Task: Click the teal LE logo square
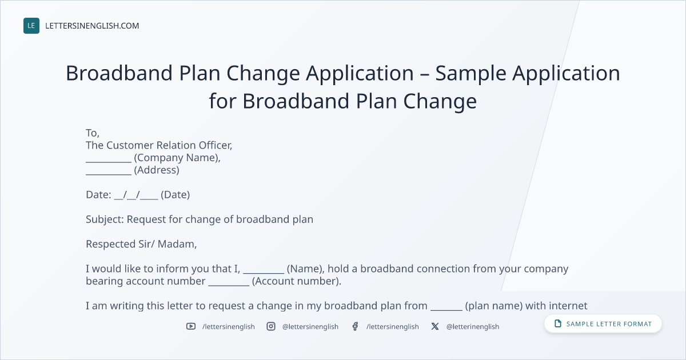(31, 26)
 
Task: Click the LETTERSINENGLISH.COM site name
(92, 26)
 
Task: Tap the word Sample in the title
(470, 74)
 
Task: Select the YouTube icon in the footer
(191, 326)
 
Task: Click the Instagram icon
(271, 326)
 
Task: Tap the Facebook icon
(355, 326)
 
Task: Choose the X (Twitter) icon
(435, 326)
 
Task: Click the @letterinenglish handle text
(473, 327)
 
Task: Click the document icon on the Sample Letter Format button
(558, 323)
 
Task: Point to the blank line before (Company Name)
(109, 162)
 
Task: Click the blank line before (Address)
(109, 174)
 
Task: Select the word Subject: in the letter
(105, 219)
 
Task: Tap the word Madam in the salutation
(177, 244)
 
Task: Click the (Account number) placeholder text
(297, 281)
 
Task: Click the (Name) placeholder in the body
(306, 269)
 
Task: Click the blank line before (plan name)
(446, 310)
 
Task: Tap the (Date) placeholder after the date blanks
(175, 195)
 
